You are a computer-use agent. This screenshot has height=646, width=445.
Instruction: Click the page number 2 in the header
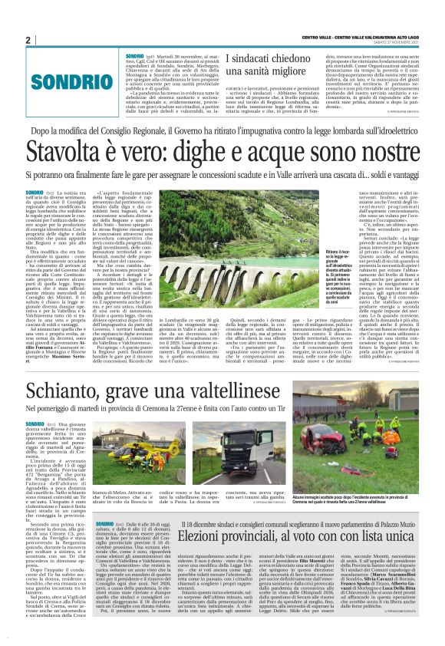click(x=28, y=40)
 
